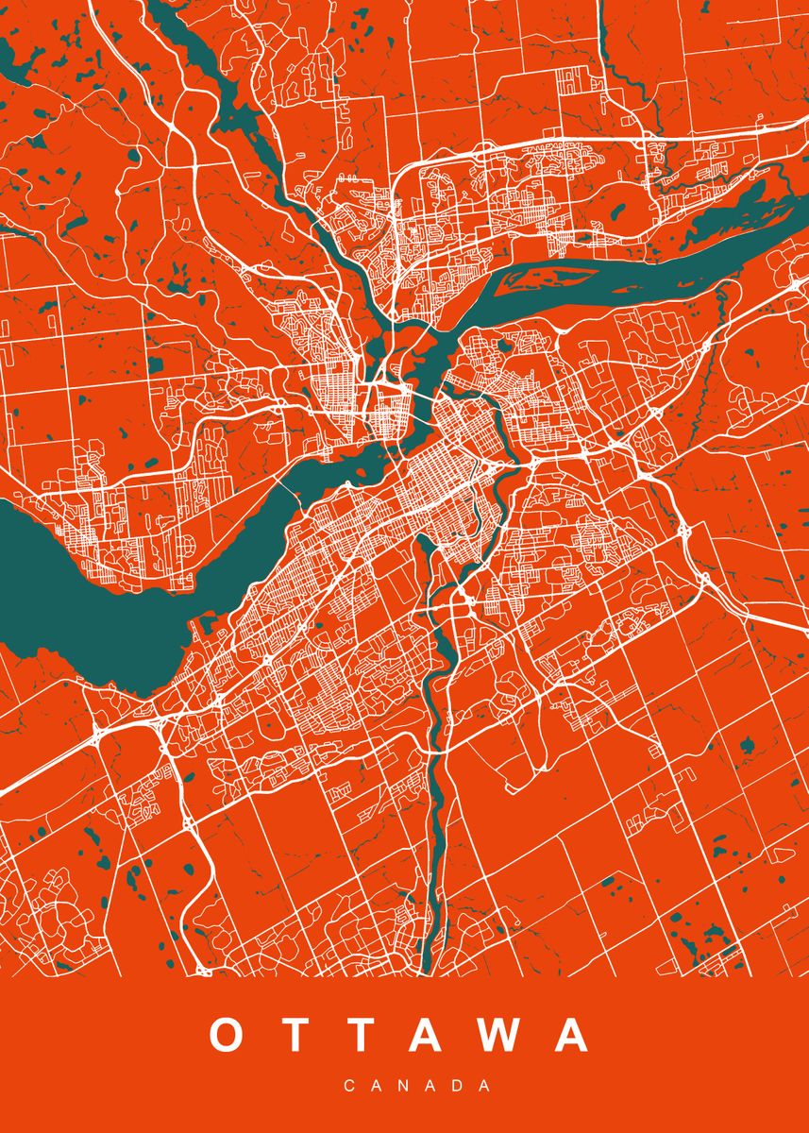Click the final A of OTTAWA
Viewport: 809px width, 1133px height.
pyautogui.click(x=569, y=1035)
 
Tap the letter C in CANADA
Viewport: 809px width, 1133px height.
pyautogui.click(x=349, y=1087)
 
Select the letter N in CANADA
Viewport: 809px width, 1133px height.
pyautogui.click(x=404, y=1087)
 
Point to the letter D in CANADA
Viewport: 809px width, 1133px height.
pyautogui.click(x=459, y=1087)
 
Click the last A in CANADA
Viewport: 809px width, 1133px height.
pyautogui.click(x=485, y=1087)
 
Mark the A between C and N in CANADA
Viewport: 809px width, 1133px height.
pyautogui.click(x=377, y=1087)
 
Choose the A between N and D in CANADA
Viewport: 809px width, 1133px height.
pyautogui.click(x=431, y=1087)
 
